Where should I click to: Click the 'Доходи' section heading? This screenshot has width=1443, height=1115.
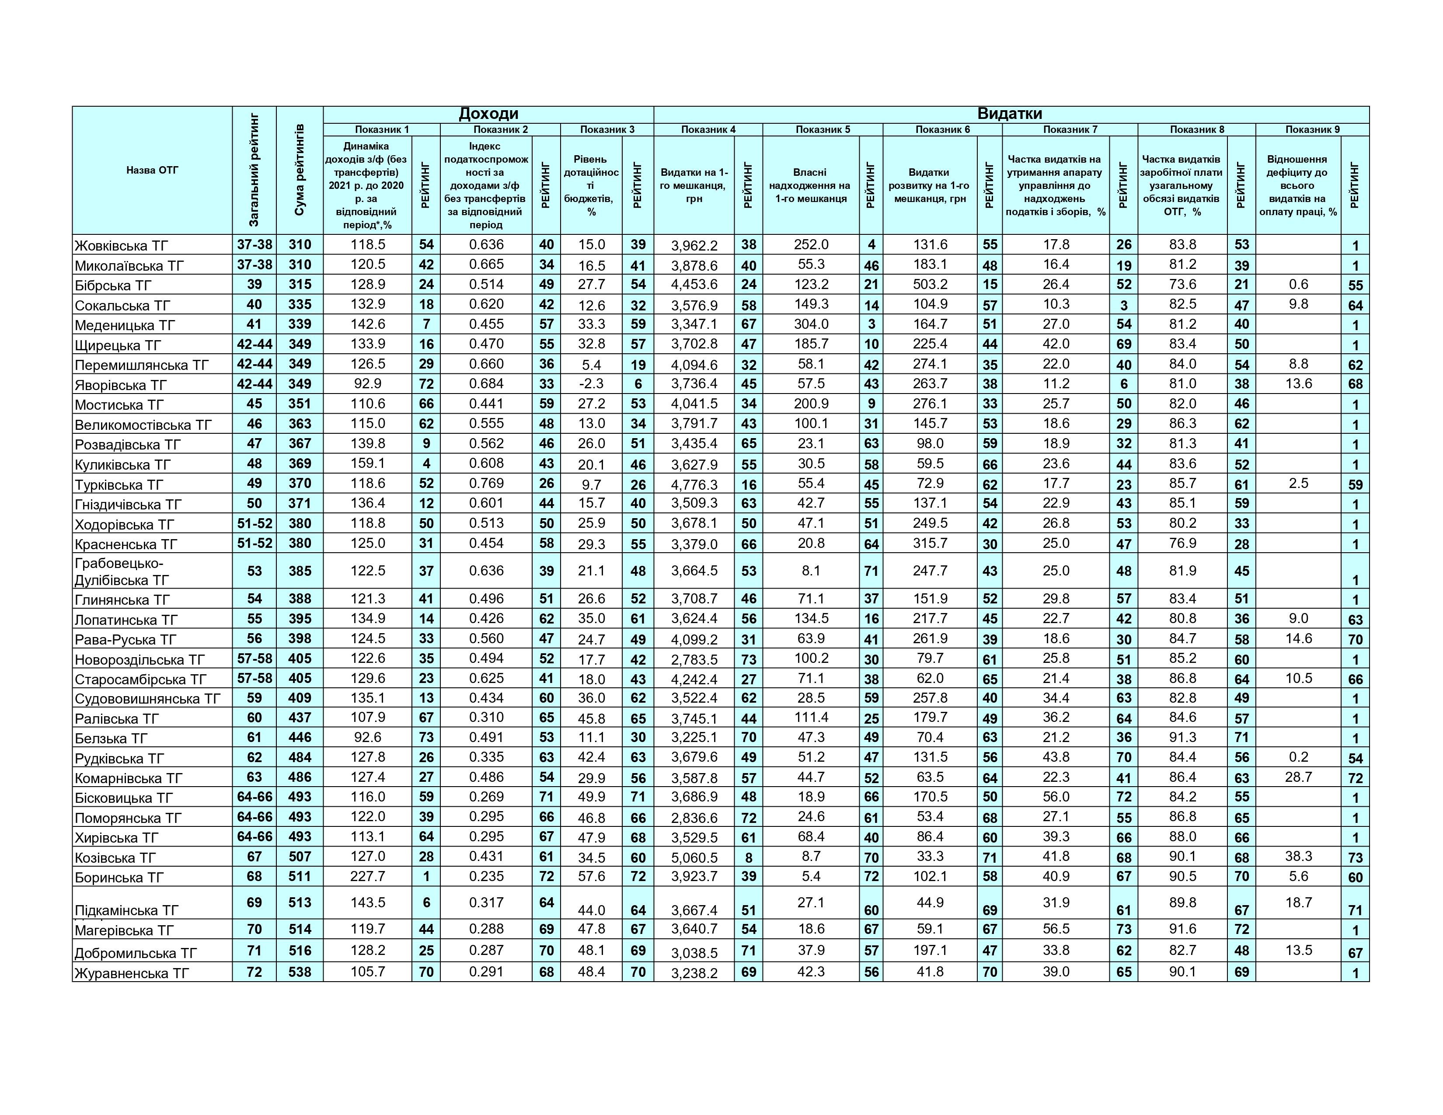[488, 114]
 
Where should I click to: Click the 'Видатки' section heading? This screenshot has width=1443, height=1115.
[1010, 114]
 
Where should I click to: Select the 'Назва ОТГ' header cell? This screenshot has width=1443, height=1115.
[152, 171]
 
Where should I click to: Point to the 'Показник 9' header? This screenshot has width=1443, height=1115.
[1312, 129]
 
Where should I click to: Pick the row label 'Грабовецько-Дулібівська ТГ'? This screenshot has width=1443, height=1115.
[122, 571]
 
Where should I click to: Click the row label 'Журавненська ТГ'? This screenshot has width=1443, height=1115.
[132, 973]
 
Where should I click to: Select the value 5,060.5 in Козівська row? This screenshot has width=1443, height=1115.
[694, 857]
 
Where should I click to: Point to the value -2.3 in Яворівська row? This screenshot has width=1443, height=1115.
[591, 384]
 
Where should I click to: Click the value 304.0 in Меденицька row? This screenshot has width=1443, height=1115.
[811, 324]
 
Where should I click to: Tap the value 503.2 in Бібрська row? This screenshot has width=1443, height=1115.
[930, 285]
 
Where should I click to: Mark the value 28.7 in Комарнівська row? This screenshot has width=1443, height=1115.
[1298, 777]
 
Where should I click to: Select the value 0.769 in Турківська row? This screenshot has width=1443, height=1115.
[486, 484]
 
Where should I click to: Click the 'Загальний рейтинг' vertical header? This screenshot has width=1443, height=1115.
[254, 171]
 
